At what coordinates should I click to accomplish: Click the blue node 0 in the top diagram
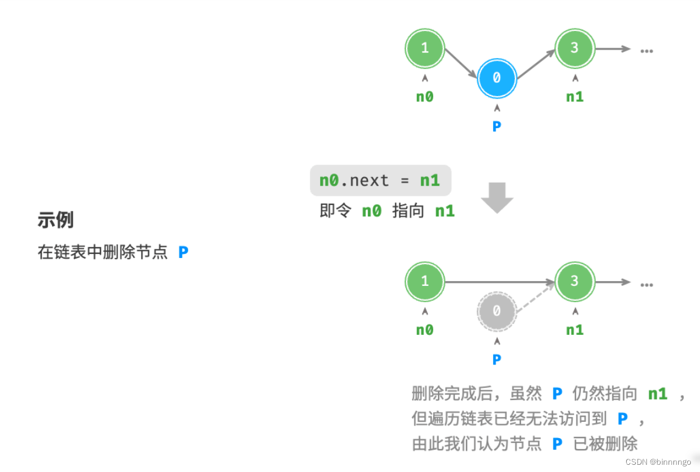497,79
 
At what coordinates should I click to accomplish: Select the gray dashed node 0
497,311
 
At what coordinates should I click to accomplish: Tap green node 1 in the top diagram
425,48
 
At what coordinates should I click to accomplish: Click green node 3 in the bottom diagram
575,281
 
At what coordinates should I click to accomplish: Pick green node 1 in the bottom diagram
425,281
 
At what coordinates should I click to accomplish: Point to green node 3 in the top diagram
575,48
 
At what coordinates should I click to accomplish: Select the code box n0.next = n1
380,181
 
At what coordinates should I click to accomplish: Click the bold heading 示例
55,220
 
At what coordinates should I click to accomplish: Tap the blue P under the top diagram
497,126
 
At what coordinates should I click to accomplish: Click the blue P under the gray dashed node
497,360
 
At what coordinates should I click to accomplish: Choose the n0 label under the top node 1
425,96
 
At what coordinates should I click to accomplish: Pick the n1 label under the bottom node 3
575,330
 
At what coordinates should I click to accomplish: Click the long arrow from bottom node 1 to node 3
499,282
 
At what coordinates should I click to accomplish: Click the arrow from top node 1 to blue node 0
461,63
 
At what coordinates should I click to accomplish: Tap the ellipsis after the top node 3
647,50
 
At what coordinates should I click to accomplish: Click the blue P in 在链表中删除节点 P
183,252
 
